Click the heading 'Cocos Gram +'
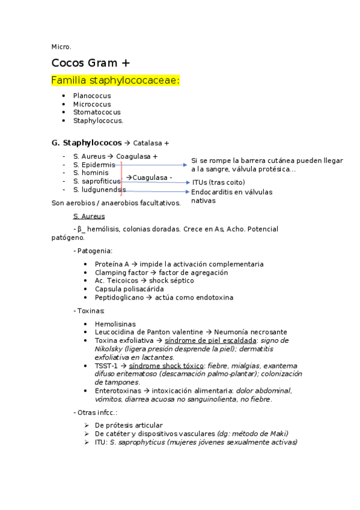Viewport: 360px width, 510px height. [x=91, y=63]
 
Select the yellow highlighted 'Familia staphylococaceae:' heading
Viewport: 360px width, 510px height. [x=116, y=80]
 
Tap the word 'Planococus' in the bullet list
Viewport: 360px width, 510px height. [x=92, y=96]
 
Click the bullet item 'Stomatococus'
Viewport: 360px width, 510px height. [x=97, y=112]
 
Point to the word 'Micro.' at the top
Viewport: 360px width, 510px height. [x=61, y=46]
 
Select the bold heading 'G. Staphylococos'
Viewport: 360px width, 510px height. [x=87, y=143]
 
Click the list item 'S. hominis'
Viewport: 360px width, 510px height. [x=91, y=173]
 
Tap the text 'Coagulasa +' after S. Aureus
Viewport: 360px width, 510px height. [x=137, y=156]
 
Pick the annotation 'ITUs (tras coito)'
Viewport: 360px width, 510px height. [x=219, y=182]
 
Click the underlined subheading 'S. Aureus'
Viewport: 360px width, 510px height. [x=89, y=216]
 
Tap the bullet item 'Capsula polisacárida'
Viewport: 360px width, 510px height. [x=129, y=289]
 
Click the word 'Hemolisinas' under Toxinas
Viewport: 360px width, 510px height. [x=115, y=324]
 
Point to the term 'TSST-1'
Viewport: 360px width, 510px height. [x=106, y=366]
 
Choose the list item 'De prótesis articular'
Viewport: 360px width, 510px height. [x=129, y=425]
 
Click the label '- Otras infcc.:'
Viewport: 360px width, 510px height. [x=95, y=412]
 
